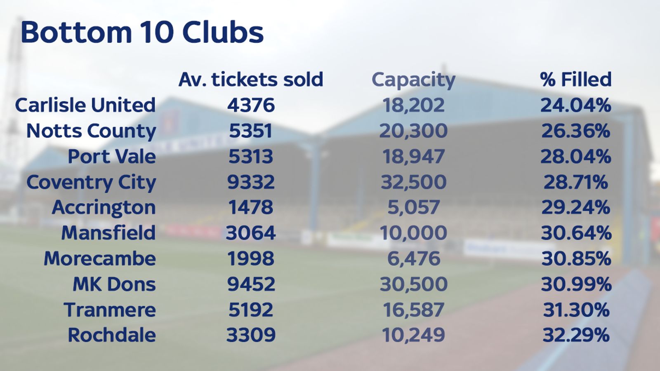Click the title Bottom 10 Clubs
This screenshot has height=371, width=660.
(x=142, y=32)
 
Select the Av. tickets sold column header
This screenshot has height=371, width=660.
(x=250, y=79)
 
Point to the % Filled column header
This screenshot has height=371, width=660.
(x=575, y=79)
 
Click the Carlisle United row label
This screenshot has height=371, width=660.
(x=85, y=105)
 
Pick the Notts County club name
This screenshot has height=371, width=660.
(x=91, y=131)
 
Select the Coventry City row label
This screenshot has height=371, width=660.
(x=91, y=182)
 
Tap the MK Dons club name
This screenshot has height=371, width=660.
(x=114, y=284)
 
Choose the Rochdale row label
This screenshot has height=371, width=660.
(x=112, y=335)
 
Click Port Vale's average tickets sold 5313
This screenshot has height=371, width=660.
(x=251, y=157)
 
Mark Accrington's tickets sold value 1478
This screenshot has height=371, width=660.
(x=251, y=207)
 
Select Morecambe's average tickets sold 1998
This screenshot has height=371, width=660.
(x=251, y=258)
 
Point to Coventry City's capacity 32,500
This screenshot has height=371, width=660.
(x=413, y=182)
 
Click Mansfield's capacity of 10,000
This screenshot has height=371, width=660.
(x=413, y=233)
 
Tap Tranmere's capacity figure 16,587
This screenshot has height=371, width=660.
(x=413, y=310)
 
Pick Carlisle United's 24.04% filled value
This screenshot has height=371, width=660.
(x=575, y=105)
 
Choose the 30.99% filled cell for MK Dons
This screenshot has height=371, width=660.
(x=576, y=284)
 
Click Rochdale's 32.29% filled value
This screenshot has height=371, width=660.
(x=576, y=335)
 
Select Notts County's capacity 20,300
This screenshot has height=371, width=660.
(x=413, y=131)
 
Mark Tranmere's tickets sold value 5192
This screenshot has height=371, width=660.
(x=251, y=310)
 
